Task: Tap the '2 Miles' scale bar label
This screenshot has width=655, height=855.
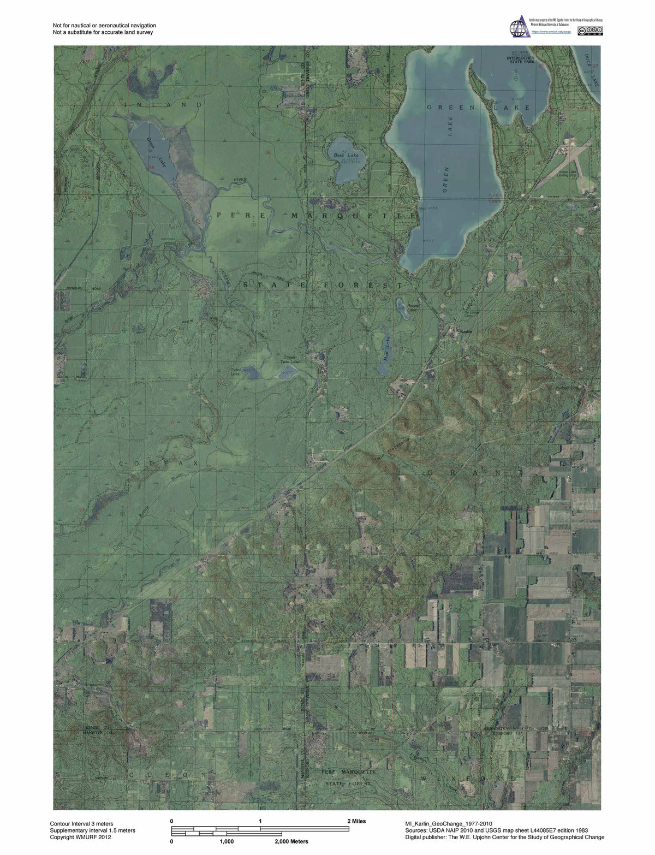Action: pos(356,821)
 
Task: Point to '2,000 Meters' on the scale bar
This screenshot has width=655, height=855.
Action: pos(291,841)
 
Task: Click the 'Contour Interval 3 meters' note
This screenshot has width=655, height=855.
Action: pos(81,823)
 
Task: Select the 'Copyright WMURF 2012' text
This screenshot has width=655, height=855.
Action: pos(80,837)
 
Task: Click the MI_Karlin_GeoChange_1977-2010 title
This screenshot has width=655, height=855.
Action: pos(452,823)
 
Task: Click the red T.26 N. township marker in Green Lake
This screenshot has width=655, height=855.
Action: pos(494,195)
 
